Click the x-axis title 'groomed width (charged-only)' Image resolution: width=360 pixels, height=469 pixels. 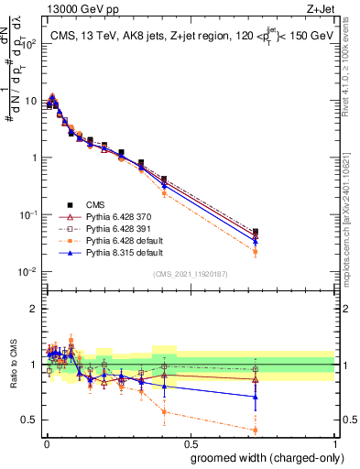click(262, 456)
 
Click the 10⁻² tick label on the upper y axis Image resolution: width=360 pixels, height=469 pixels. click(28, 272)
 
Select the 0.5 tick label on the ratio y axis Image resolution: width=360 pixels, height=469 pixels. click(30, 420)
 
